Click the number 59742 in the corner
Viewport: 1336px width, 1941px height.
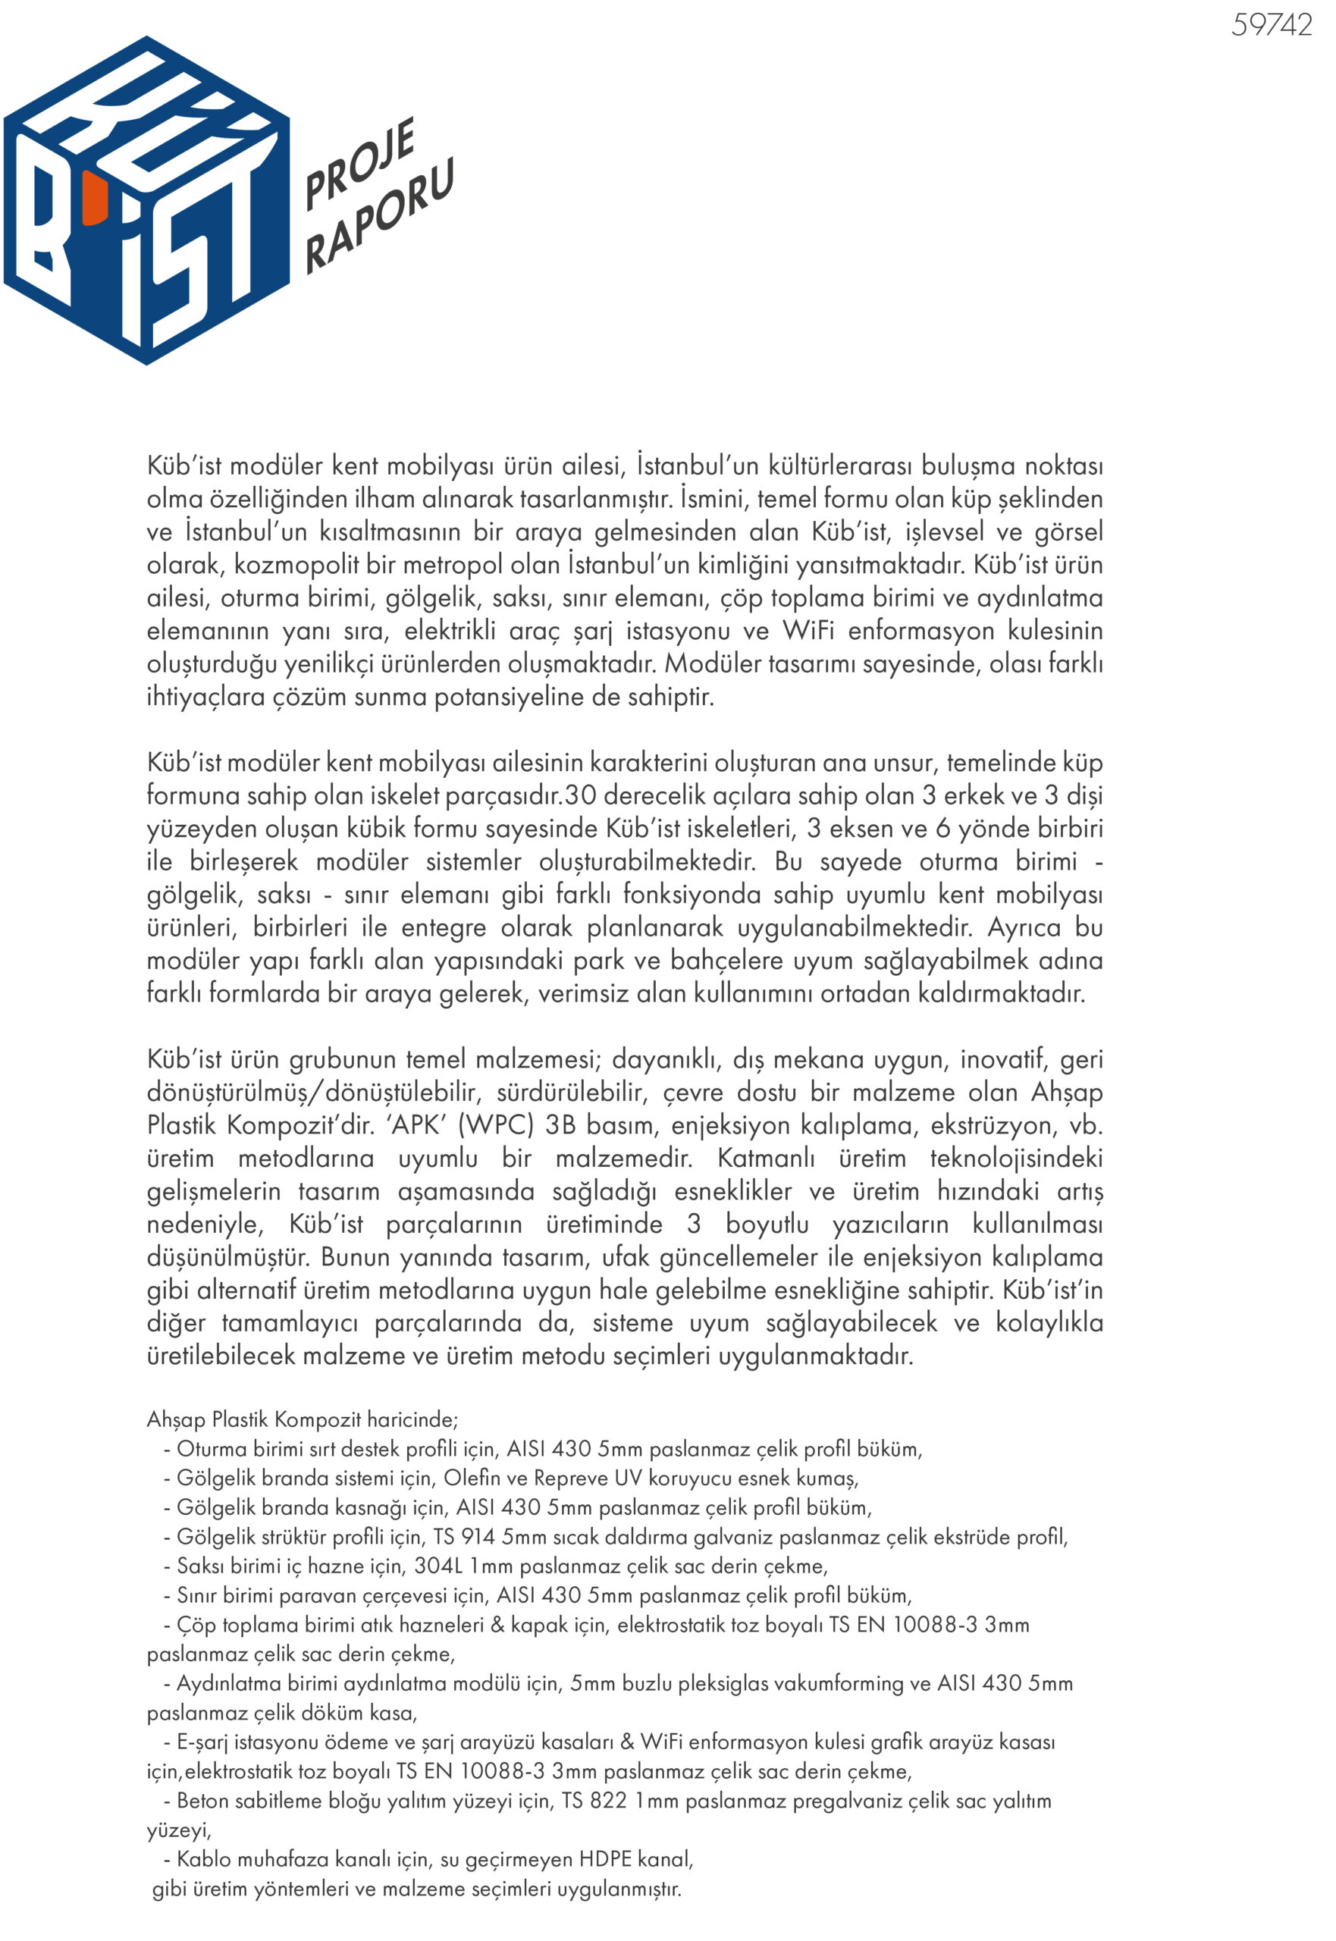tap(1270, 25)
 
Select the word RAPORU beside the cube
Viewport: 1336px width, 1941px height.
tap(378, 217)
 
